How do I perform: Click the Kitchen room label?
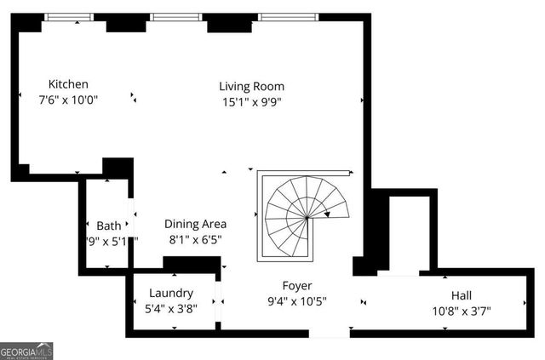pos(68,84)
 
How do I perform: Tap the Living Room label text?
pos(251,86)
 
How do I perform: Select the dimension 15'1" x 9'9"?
pos(251,101)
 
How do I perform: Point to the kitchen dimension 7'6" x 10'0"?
pos(68,100)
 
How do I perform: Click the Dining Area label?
pos(195,225)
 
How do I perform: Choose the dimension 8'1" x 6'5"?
pos(195,240)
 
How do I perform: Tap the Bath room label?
pos(108,226)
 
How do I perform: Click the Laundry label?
pos(171,293)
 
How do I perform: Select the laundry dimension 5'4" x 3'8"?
pos(171,308)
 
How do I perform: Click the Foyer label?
pos(297,286)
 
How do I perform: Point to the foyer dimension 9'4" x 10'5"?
pos(297,301)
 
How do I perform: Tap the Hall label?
pos(462,294)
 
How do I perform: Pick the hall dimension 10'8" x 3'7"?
pos(462,310)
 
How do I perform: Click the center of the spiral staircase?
pos(305,218)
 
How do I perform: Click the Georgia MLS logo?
pos(27,350)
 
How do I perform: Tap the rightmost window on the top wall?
pos(289,17)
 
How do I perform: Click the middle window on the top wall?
pos(177,17)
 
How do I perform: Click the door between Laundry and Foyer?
pos(219,300)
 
